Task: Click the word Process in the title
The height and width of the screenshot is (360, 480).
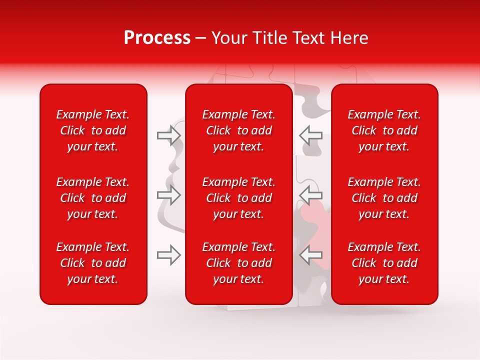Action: [x=157, y=38]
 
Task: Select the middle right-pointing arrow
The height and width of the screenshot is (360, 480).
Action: [x=168, y=195]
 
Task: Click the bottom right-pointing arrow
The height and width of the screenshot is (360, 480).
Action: [x=168, y=255]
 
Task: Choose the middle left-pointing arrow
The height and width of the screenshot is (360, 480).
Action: [x=311, y=195]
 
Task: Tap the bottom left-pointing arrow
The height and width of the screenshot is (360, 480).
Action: [x=311, y=255]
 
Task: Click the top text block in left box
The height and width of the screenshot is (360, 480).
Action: [x=93, y=130]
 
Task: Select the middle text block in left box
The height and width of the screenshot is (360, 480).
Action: [x=93, y=198]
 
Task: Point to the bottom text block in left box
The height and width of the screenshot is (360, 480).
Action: [x=93, y=263]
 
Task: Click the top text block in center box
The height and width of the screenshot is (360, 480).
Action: [x=239, y=130]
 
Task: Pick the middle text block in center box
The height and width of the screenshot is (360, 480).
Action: [x=239, y=198]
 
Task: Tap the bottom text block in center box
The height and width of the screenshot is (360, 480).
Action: [x=239, y=263]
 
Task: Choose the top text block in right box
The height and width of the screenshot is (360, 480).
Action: [x=384, y=130]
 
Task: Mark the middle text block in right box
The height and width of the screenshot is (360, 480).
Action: [x=384, y=198]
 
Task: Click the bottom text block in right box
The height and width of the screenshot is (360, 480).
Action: [x=384, y=263]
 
